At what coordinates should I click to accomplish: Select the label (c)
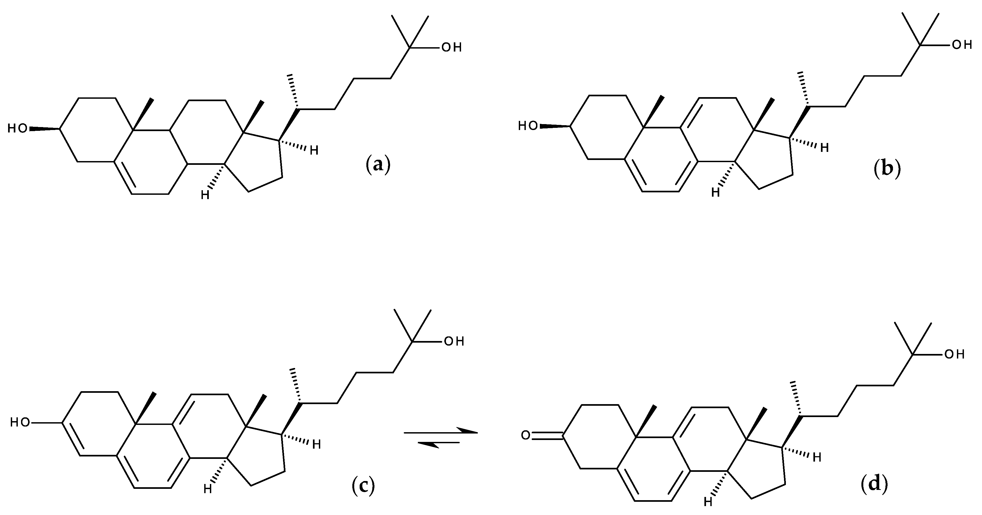(363, 486)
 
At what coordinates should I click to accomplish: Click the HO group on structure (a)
(18, 128)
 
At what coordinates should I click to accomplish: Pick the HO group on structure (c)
(20, 422)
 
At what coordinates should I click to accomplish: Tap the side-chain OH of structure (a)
(452, 48)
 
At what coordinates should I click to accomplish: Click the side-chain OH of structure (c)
(454, 341)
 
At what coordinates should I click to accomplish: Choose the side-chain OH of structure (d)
(954, 354)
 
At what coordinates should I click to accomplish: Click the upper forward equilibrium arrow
(440, 432)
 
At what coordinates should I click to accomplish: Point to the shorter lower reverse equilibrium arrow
(438, 443)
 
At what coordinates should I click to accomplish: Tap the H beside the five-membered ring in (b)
(824, 148)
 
